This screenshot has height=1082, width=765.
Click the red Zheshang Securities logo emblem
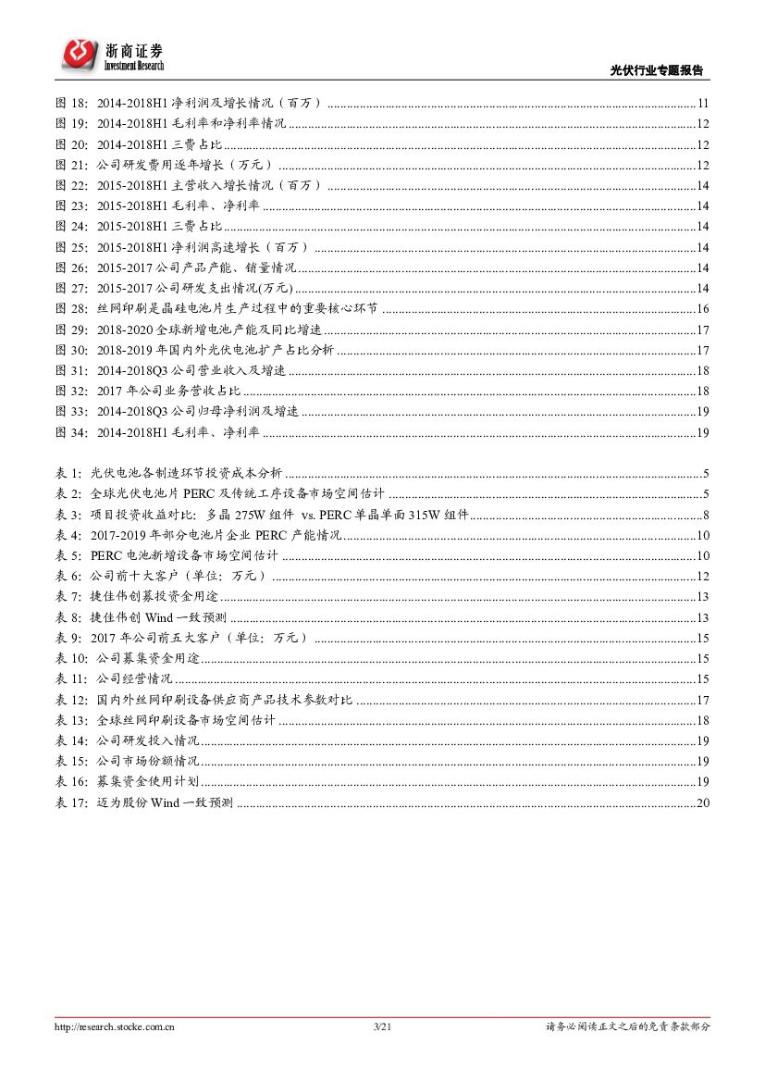[80, 54]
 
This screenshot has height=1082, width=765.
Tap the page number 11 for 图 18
[703, 104]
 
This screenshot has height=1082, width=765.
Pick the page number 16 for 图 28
[703, 309]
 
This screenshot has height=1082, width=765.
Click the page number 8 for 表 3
[706, 515]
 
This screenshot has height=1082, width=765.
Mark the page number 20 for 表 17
[703, 802]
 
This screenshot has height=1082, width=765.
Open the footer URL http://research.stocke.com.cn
[116, 1026]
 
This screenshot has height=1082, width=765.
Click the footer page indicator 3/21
[382, 1026]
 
